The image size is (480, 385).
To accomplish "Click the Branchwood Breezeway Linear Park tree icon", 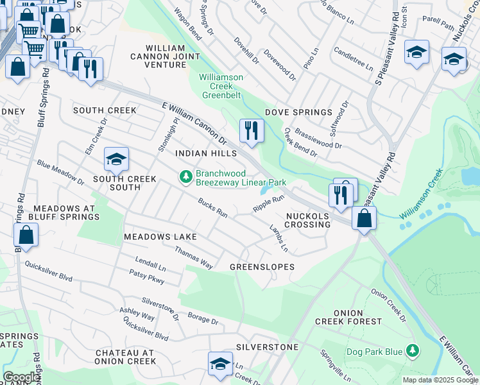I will (185, 176).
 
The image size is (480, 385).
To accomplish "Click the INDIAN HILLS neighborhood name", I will (206, 153).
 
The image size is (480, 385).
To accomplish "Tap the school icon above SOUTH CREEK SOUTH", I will (116, 158).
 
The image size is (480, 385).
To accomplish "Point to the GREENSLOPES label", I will (262, 266).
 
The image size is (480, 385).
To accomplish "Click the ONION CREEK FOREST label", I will (348, 321).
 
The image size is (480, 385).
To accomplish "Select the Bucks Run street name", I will (212, 209).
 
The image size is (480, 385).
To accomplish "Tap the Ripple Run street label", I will (268, 204).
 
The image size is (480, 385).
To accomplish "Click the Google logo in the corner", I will (21, 377).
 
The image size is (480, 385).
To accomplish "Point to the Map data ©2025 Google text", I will (440, 380).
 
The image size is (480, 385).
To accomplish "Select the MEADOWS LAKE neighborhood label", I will (160, 237).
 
